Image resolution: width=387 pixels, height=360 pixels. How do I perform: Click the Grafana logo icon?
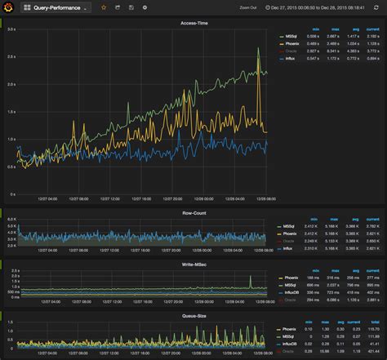[x=8, y=7]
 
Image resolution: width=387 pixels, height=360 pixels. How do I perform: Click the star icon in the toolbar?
[x=103, y=7]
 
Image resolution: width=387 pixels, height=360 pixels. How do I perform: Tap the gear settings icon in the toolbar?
[x=145, y=7]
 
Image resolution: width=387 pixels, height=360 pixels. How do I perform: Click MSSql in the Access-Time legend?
[x=289, y=37]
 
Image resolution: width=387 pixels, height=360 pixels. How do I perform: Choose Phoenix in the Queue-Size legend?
[x=290, y=328]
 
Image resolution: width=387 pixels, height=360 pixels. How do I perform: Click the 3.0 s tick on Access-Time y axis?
[x=11, y=29]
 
